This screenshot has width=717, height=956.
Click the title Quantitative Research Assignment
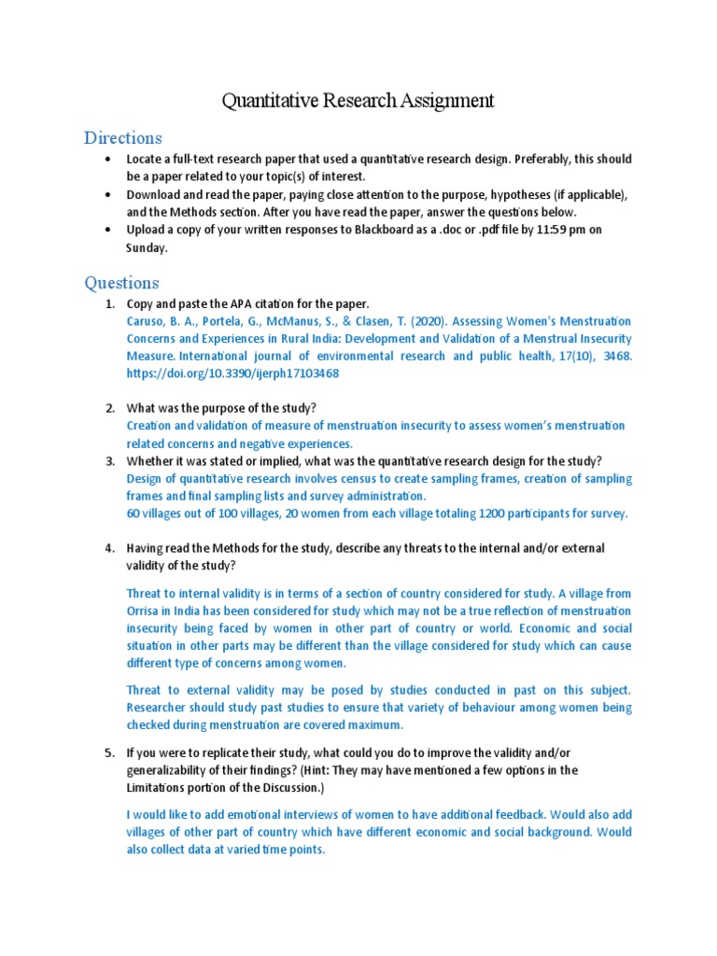click(358, 101)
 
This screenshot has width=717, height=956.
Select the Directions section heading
click(122, 138)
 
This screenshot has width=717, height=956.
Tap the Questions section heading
click(121, 282)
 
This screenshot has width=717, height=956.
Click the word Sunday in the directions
click(147, 247)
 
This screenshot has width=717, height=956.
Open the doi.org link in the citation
click(232, 373)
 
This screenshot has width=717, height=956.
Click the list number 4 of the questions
click(109, 548)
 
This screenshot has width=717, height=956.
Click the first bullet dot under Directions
click(109, 159)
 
